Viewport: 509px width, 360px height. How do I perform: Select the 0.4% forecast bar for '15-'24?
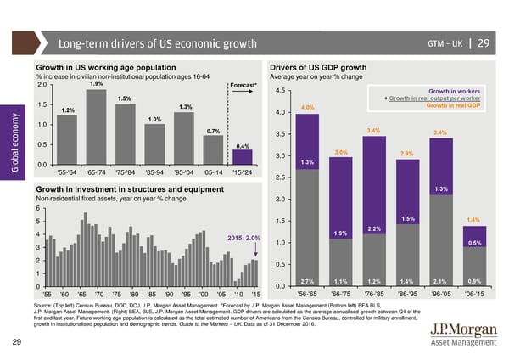point(243,158)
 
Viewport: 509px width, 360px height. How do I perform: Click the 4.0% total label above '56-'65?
point(308,107)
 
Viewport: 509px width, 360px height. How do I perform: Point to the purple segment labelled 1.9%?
point(341,233)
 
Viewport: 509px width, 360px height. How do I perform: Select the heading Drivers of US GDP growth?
point(317,67)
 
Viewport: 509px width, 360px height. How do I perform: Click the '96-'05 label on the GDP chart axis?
point(439,295)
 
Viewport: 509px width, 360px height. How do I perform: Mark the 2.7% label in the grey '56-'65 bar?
point(308,281)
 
